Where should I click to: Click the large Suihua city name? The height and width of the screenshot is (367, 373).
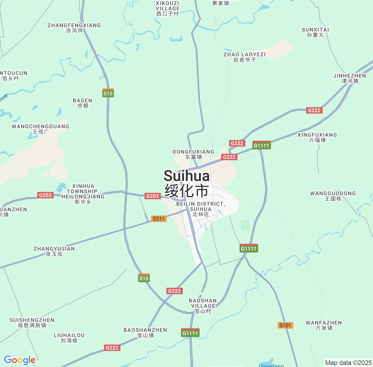(x=186, y=183)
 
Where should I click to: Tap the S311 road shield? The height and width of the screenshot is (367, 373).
(x=159, y=219)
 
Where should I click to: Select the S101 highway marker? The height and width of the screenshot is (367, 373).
(x=285, y=325)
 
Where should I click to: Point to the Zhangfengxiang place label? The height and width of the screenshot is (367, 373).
(x=74, y=28)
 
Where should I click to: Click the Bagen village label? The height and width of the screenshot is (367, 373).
(x=82, y=103)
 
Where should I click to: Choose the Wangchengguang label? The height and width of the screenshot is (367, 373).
(x=41, y=129)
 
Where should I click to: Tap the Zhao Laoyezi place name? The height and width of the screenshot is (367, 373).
(x=244, y=57)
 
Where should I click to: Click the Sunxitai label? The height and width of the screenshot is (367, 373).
(x=315, y=32)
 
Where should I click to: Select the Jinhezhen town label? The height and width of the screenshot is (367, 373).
(x=350, y=78)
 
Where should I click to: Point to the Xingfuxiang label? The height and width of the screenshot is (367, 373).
(x=317, y=137)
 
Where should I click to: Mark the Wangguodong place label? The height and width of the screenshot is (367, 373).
(x=333, y=196)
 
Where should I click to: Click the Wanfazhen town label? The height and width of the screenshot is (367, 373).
(x=323, y=325)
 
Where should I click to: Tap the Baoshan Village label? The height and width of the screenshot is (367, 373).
(x=203, y=306)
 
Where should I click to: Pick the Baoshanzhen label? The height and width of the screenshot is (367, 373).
(x=145, y=333)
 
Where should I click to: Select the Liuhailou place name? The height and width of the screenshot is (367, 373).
(x=69, y=338)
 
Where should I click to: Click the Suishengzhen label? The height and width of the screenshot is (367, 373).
(x=32, y=323)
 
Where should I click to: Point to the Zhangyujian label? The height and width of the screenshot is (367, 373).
(x=54, y=251)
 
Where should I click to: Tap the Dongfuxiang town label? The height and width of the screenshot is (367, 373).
(x=193, y=154)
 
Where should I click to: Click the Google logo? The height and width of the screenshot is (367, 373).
(x=20, y=360)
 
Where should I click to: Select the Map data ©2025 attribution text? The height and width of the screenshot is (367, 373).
(x=348, y=363)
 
